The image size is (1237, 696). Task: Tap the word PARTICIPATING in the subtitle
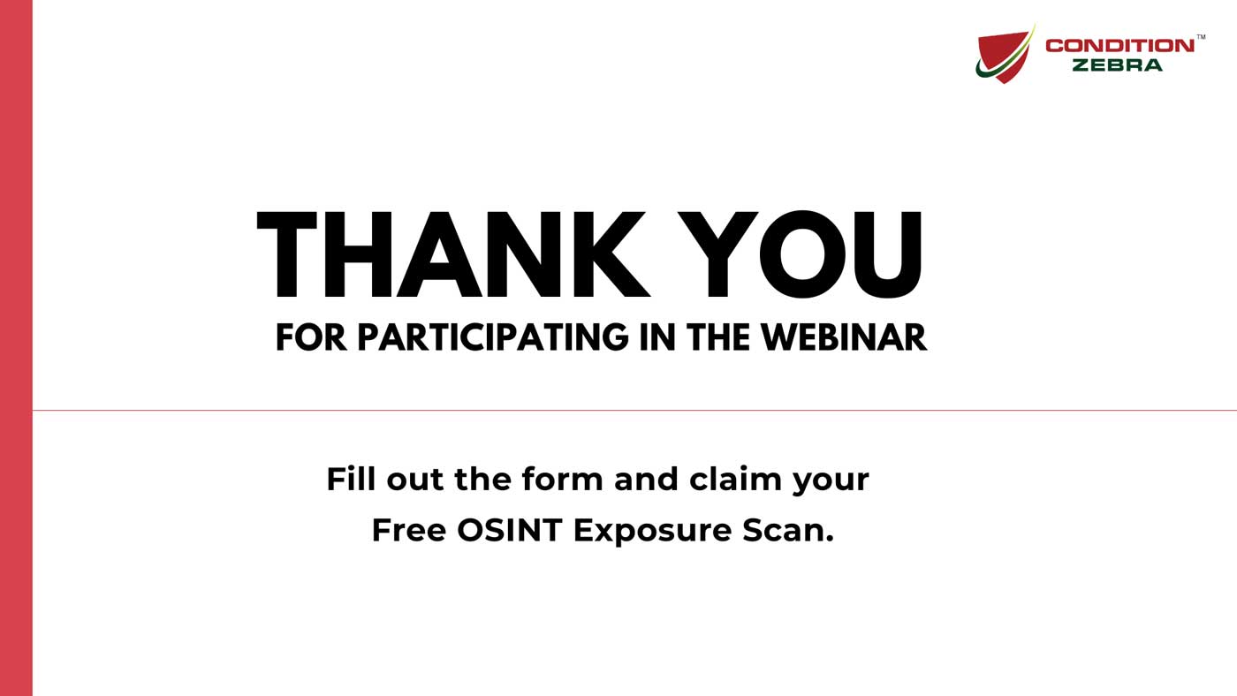(x=493, y=337)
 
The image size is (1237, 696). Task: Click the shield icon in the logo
(x=1005, y=55)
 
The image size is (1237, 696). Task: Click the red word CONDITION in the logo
(x=1119, y=46)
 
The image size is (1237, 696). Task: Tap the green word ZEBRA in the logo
(x=1117, y=65)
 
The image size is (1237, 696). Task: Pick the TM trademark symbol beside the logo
(x=1201, y=37)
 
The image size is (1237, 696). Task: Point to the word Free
(x=408, y=530)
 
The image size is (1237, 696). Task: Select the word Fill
(x=351, y=479)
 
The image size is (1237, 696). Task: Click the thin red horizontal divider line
(x=618, y=410)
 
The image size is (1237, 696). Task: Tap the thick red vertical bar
(x=16, y=348)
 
